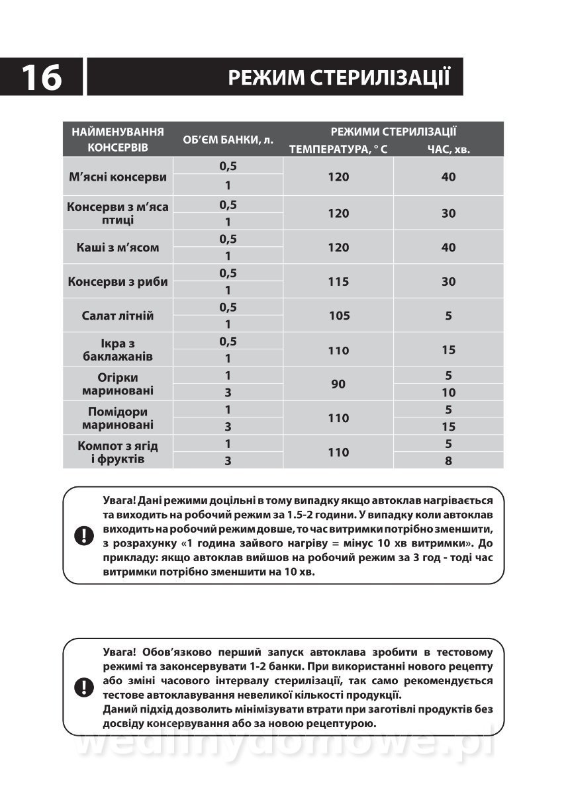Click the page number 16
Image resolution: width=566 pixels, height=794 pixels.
42,77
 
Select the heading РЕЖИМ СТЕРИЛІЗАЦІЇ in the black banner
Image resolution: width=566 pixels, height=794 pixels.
339,77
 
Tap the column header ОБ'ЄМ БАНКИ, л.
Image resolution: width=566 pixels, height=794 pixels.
228,140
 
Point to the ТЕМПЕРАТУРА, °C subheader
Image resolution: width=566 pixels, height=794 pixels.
338,150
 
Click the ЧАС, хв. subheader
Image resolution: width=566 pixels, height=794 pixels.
448,150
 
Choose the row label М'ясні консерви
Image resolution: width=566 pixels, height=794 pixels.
118,177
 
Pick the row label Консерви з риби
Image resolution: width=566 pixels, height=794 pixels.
118,281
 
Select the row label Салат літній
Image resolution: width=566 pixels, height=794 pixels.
118,316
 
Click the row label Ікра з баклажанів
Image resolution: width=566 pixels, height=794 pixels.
118,349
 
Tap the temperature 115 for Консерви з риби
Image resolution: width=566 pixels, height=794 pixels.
338,281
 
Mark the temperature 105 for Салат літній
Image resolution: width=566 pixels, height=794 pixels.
338,316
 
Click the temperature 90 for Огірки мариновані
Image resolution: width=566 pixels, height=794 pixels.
338,384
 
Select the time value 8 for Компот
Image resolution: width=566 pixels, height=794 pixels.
448,461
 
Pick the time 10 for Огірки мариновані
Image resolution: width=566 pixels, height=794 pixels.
448,392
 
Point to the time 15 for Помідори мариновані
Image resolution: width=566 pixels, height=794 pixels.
448,427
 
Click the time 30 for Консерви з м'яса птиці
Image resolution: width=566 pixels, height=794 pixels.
448,213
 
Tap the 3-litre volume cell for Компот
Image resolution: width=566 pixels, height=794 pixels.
228,461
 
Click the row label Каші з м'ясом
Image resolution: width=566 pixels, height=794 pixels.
118,247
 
